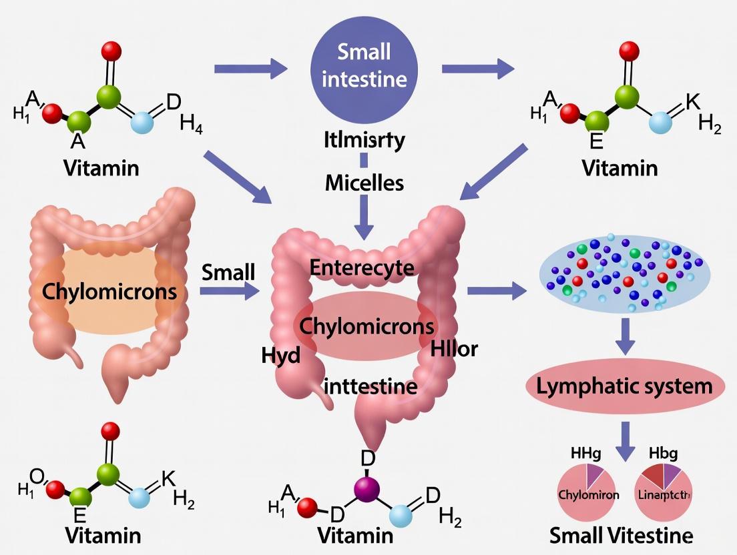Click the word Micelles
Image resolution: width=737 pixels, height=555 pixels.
[x=364, y=182]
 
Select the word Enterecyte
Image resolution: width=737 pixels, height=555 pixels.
[x=362, y=268]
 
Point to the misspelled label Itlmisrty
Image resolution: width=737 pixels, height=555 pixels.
[x=364, y=141]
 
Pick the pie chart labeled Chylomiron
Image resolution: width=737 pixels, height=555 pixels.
[x=587, y=494]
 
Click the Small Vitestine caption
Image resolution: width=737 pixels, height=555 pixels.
[x=622, y=535]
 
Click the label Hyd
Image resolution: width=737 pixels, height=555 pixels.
[x=281, y=355]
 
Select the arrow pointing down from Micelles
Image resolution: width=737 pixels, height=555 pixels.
[x=364, y=217]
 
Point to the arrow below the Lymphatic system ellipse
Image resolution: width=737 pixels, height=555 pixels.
[x=625, y=440]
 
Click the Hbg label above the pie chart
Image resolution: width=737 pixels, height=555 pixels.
[x=663, y=454]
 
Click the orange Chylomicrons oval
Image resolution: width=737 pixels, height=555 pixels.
[x=100, y=292]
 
